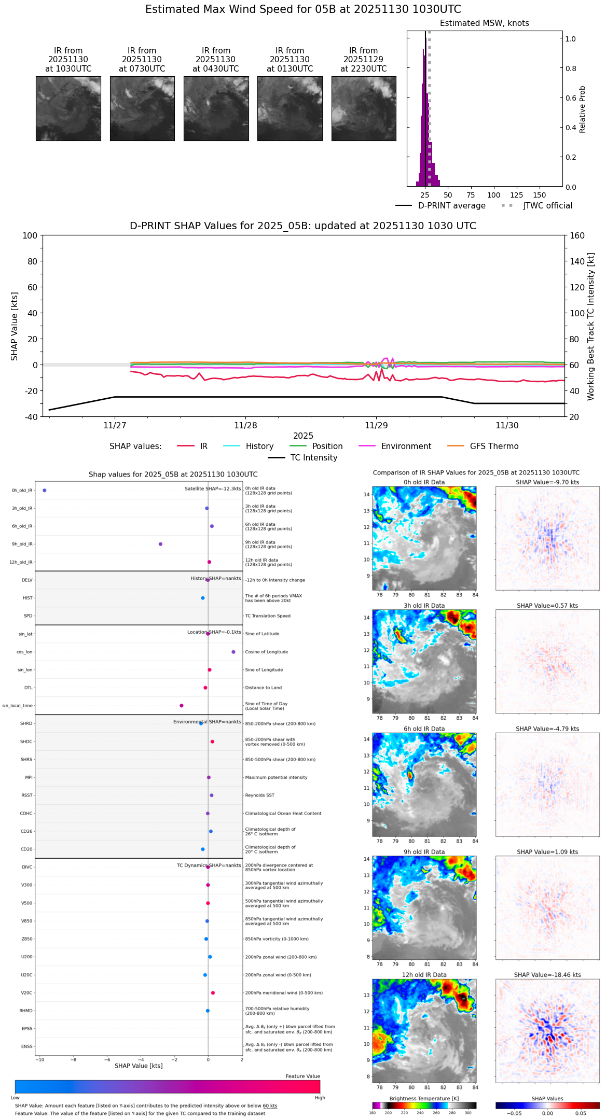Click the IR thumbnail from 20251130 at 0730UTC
click(142, 108)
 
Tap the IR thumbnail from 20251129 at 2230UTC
click(364, 108)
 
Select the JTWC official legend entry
click(547, 206)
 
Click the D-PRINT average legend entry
click(451, 206)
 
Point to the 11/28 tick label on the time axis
click(245, 426)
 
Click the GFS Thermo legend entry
click(494, 446)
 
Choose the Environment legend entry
click(406, 446)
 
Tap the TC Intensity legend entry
click(313, 458)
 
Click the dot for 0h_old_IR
click(45, 490)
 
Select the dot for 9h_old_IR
click(160, 544)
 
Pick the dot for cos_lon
click(233, 652)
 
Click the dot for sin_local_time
click(182, 705)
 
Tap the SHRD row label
click(26, 723)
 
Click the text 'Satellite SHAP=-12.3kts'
click(213, 488)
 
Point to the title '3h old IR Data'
click(424, 606)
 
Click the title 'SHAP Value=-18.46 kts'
click(547, 975)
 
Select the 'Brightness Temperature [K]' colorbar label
click(424, 1098)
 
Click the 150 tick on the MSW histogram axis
click(540, 195)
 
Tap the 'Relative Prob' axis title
click(583, 109)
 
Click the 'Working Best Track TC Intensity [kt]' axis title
click(591, 326)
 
